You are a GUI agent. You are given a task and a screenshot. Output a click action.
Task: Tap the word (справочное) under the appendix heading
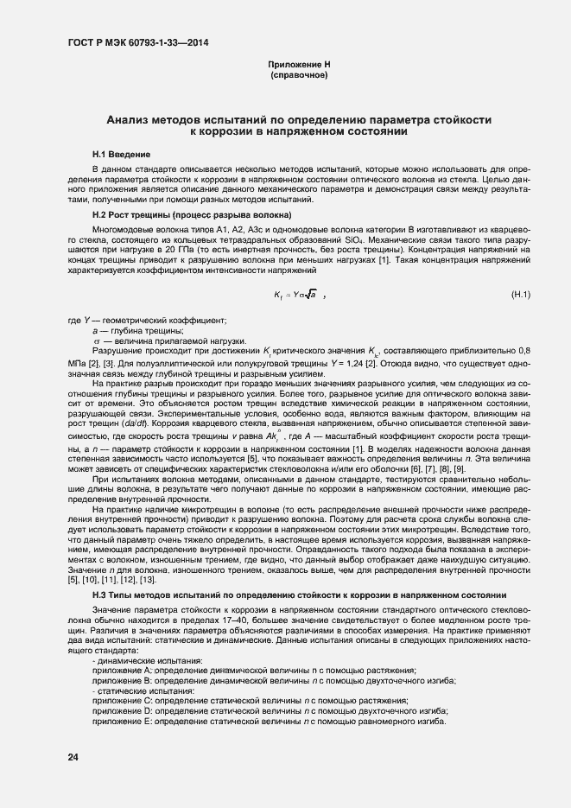(x=299, y=76)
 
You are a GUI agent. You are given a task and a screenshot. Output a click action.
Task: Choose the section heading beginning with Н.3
(x=298, y=595)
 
